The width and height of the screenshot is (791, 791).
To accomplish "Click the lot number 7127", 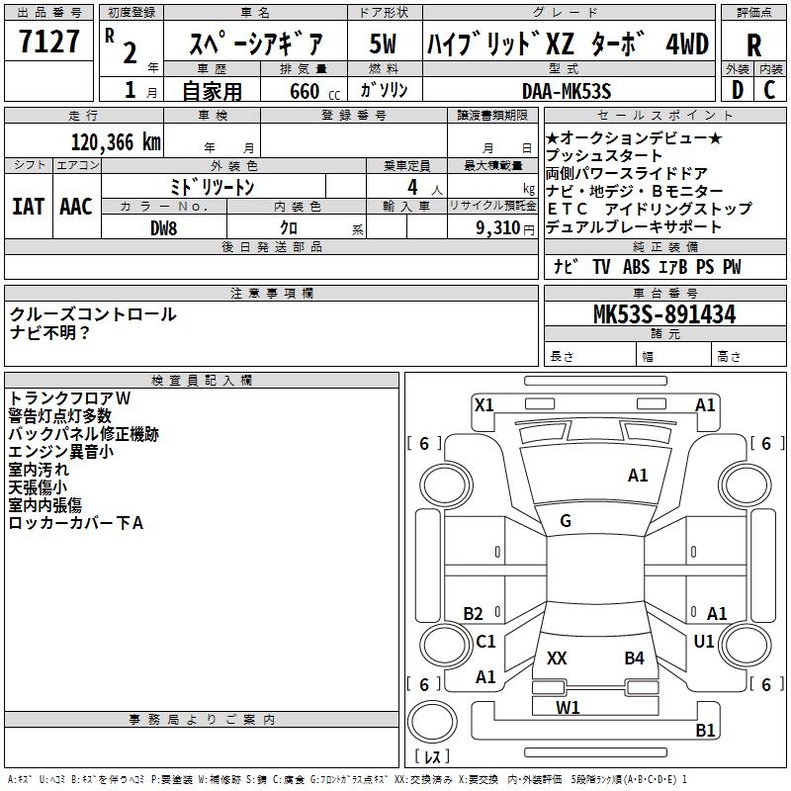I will pyautogui.click(x=49, y=44).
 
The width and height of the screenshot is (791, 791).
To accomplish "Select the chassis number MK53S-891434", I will pyautogui.click(x=663, y=315).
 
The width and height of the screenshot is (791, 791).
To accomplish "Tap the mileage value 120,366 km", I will pyautogui.click(x=116, y=142).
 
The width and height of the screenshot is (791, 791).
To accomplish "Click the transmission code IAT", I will pyautogui.click(x=27, y=206).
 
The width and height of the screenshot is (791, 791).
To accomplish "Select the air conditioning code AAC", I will pyautogui.click(x=75, y=206).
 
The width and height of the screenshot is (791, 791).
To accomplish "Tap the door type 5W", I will pyautogui.click(x=383, y=44).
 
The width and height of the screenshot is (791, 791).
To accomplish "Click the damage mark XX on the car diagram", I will pyautogui.click(x=557, y=658).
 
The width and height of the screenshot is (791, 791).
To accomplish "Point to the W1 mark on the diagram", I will pyautogui.click(x=568, y=707).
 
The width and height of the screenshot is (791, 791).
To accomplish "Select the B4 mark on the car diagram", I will pyautogui.click(x=634, y=658).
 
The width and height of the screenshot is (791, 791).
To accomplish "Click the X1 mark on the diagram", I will pyautogui.click(x=483, y=404).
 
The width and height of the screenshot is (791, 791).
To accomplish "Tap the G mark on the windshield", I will pyautogui.click(x=566, y=521).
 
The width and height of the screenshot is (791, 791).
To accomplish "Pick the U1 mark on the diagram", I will pyautogui.click(x=704, y=642).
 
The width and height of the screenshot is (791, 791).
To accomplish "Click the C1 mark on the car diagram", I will pyautogui.click(x=485, y=642).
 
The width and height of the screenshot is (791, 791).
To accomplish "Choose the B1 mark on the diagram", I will pyautogui.click(x=705, y=731).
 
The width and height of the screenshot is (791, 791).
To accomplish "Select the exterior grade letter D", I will pyautogui.click(x=736, y=91).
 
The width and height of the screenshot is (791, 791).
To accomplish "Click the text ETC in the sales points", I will pyautogui.click(x=568, y=209).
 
